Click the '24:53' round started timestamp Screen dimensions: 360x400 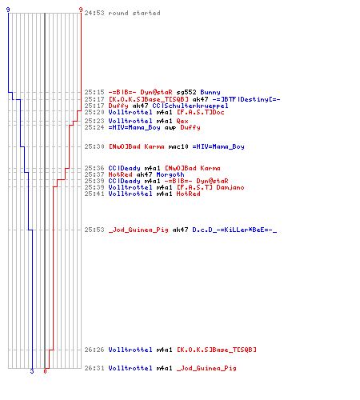click(x=94, y=13)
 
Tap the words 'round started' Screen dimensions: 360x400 click(x=134, y=13)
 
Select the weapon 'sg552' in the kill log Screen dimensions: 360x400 click(x=186, y=92)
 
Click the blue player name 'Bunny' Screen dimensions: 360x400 click(x=210, y=92)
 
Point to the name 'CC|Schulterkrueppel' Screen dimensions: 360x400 click(x=190, y=106)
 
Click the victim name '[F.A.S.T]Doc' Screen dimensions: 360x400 click(x=200, y=112)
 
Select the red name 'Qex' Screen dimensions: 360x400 click(x=182, y=121)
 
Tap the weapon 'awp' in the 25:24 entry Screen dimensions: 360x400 click(x=170, y=127)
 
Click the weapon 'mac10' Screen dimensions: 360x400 click(x=178, y=146)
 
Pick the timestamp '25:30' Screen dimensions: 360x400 click(x=94, y=146)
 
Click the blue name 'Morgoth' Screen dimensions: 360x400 click(x=170, y=174)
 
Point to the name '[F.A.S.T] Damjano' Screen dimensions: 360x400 click(x=210, y=187)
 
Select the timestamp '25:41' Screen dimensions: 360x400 click(x=94, y=194)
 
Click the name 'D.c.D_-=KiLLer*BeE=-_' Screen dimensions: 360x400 click(x=234, y=230)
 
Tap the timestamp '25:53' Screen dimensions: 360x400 click(x=94, y=230)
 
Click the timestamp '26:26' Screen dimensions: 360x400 click(x=94, y=350)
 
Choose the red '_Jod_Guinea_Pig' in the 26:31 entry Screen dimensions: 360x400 click(x=206, y=368)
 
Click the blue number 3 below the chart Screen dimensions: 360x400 click(x=32, y=371)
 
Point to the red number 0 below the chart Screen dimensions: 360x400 click(x=45, y=371)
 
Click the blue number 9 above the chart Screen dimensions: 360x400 click(x=8, y=10)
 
